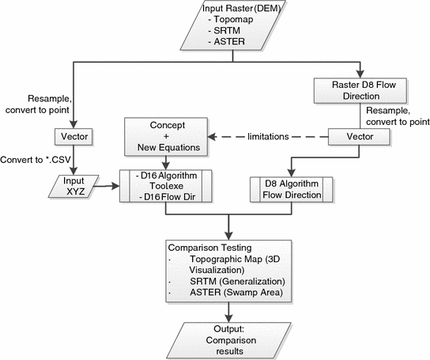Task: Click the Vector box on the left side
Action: click(72, 137)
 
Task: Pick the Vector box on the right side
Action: click(358, 137)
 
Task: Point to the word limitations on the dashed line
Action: click(266, 137)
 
